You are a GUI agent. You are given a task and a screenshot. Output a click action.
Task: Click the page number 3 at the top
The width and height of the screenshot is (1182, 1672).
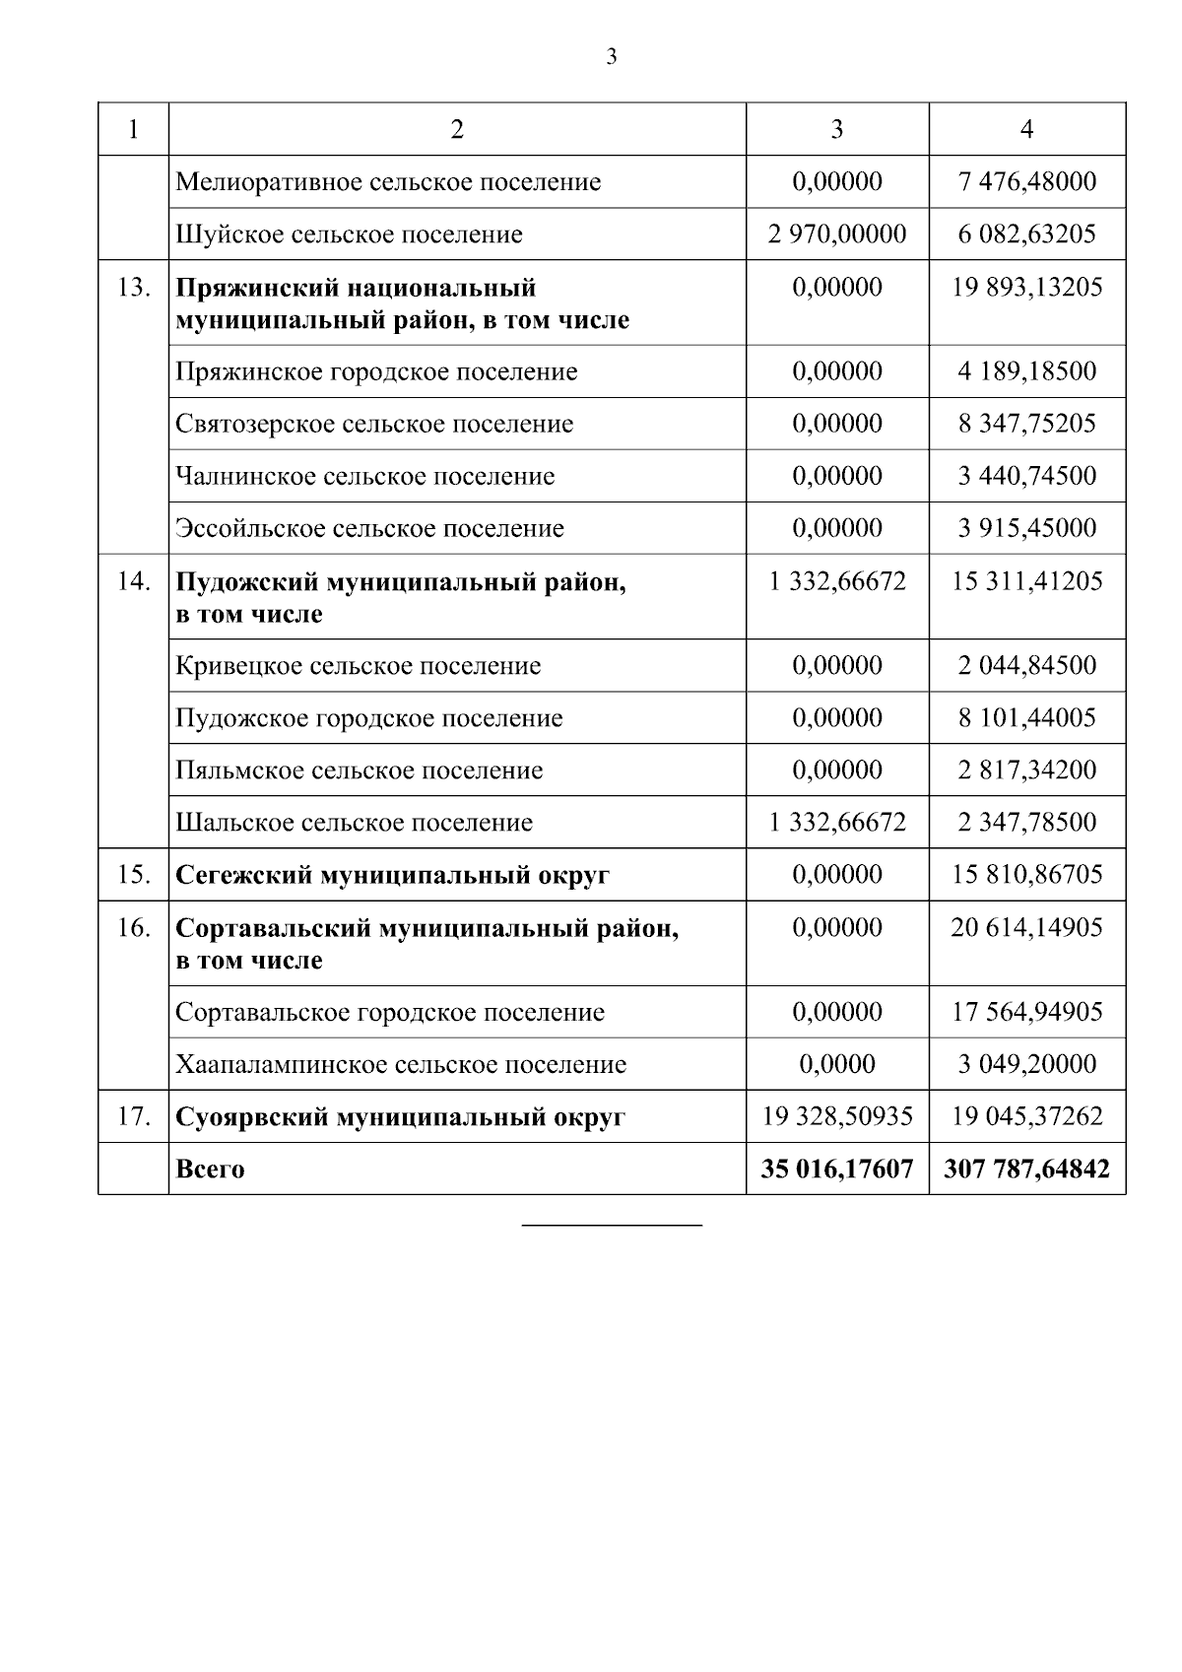611,57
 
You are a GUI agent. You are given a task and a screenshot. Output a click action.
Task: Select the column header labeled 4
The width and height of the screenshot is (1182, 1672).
1026,129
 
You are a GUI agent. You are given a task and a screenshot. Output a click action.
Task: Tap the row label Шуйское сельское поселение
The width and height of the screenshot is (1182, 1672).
349,234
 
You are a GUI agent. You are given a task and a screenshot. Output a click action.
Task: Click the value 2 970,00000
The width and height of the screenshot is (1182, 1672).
837,234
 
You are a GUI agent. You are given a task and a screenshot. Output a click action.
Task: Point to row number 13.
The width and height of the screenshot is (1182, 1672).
133,288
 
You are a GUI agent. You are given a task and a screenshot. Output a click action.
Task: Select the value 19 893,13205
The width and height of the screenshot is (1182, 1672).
1026,288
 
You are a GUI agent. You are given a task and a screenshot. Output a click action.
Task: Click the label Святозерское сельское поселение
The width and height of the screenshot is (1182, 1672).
374,425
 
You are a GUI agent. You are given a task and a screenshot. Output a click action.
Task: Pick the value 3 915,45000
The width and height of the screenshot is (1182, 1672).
1026,528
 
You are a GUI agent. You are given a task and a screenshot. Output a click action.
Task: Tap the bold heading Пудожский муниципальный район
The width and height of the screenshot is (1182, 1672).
400,582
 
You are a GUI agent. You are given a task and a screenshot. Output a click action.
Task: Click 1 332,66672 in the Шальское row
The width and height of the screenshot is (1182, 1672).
837,823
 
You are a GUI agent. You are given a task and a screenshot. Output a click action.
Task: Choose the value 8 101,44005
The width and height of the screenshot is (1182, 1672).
1026,718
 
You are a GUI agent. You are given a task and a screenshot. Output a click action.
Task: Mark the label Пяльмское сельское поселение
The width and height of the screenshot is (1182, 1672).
359,770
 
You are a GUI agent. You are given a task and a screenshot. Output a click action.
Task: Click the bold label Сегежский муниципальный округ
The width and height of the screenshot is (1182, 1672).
392,875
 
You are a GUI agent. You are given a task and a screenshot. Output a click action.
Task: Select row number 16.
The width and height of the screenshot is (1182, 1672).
133,928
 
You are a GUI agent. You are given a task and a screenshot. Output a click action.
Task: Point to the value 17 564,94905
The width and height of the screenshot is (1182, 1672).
1026,1012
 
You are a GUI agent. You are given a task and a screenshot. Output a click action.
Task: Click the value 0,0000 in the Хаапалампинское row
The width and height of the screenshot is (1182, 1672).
837,1064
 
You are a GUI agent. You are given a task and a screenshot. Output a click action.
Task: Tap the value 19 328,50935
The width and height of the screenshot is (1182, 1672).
837,1116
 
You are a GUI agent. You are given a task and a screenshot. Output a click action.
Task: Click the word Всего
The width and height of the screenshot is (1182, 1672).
210,1170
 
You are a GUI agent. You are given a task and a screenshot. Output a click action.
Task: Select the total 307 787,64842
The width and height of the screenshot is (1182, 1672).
1026,1170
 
